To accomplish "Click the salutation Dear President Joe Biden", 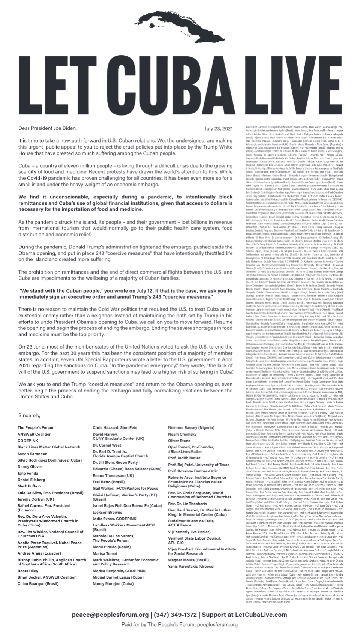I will [48, 128].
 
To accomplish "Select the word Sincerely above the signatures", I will [29, 415].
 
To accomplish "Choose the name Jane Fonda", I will [28, 474].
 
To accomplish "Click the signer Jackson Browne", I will [108, 512].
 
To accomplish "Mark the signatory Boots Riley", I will [28, 571].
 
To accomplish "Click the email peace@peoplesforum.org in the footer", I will [110, 615].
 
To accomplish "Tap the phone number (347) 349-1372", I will [175, 615].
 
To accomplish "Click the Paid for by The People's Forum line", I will [179, 625].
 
